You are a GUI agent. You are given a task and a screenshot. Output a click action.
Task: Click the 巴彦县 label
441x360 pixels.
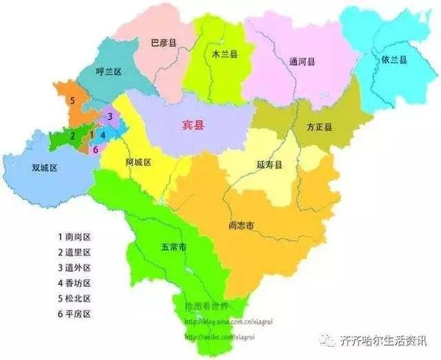(163, 43)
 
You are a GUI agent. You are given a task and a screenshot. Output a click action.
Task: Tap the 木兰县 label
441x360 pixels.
(221, 52)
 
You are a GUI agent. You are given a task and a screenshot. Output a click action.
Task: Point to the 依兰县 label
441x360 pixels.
(394, 60)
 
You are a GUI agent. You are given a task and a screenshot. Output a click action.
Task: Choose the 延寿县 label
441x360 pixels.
(269, 166)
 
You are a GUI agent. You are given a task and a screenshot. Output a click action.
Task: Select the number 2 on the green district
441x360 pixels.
(72, 136)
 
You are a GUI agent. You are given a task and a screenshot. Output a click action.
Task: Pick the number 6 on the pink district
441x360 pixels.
(95, 149)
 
